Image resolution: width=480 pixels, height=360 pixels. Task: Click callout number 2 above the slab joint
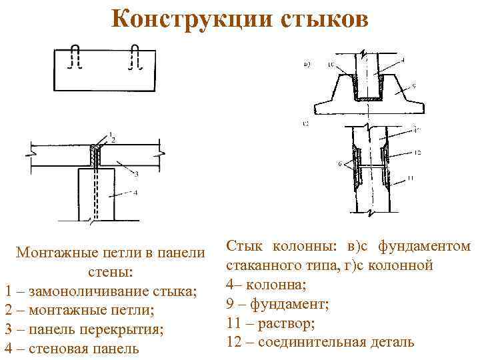click(113, 139)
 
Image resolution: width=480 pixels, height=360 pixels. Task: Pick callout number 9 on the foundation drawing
click(414, 85)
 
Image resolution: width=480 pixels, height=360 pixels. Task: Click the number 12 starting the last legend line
click(233, 342)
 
